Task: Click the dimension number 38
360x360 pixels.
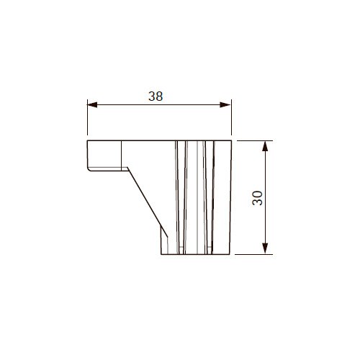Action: [x=156, y=96]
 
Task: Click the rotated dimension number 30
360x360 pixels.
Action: [x=258, y=198]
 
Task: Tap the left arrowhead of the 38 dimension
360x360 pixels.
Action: [x=92, y=105]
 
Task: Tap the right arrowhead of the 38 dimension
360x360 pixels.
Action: [x=225, y=105]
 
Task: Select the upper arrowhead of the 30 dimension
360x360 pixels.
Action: [x=265, y=146]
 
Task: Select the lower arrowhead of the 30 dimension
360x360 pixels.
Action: [x=265, y=248]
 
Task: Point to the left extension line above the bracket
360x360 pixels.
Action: [x=87, y=117]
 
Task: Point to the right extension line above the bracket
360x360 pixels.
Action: [x=231, y=117]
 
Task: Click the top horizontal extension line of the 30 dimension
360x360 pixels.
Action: [x=255, y=140]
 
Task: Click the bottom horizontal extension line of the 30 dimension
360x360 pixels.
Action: [x=253, y=254]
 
